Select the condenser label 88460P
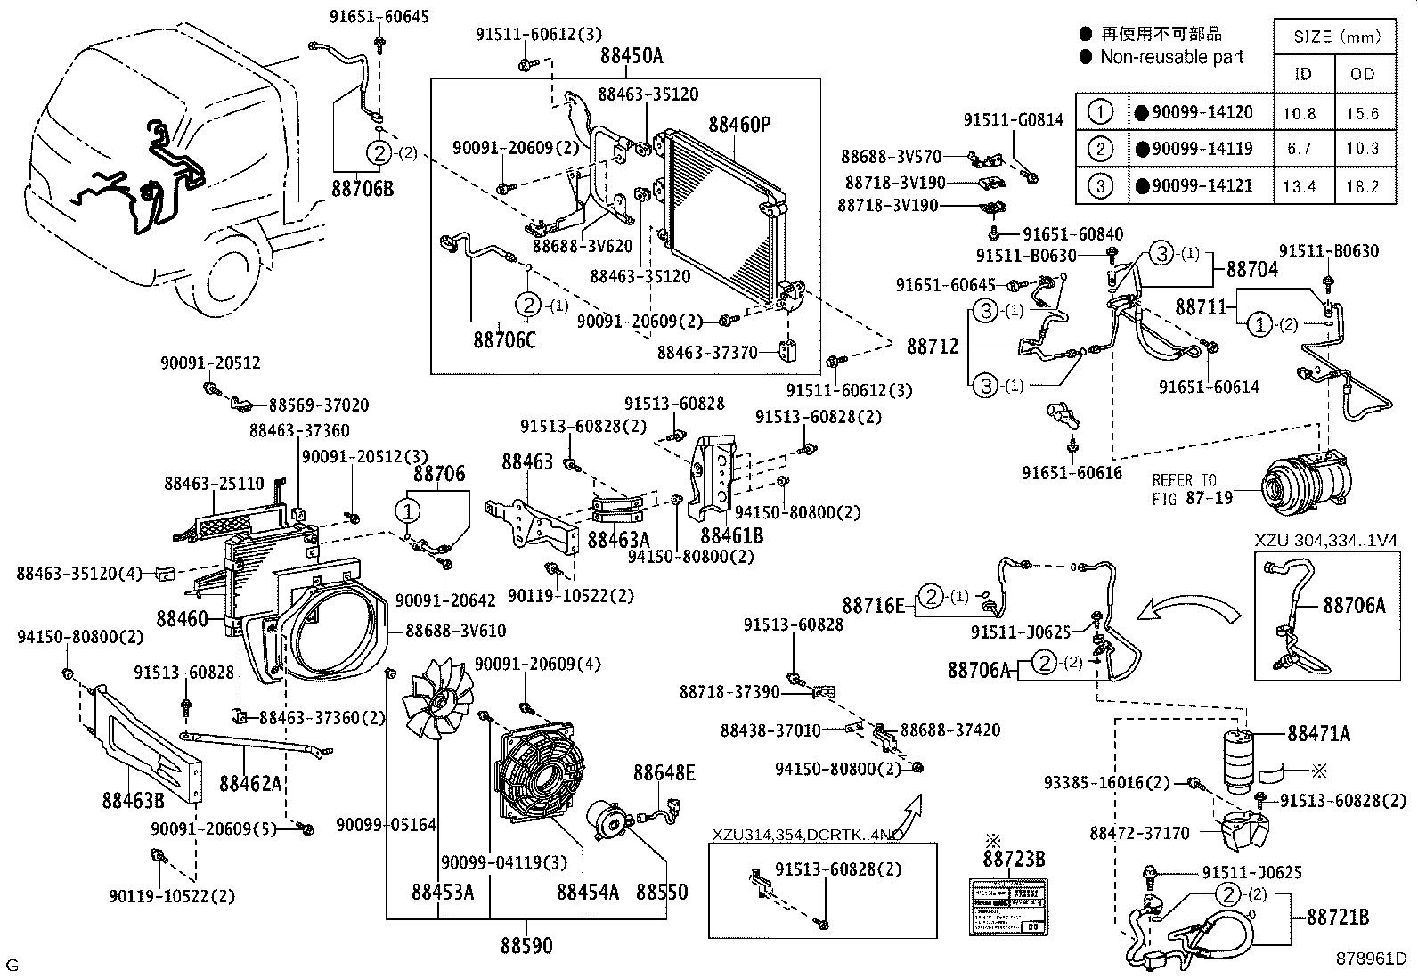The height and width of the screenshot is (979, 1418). [x=738, y=125]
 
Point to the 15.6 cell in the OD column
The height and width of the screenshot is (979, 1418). [x=1363, y=113]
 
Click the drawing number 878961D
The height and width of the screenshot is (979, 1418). [x=1370, y=959]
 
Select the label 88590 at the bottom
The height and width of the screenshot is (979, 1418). [x=526, y=946]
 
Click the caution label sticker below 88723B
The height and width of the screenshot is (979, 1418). [x=1007, y=908]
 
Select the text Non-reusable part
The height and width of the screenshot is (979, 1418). [x=1171, y=57]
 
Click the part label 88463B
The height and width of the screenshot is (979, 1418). [x=133, y=799]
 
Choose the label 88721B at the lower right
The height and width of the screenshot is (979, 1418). [x=1338, y=917]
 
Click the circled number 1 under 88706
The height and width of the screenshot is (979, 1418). [x=408, y=511]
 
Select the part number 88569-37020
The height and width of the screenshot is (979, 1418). [x=319, y=404]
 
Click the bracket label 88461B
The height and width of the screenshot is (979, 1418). [x=731, y=535]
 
